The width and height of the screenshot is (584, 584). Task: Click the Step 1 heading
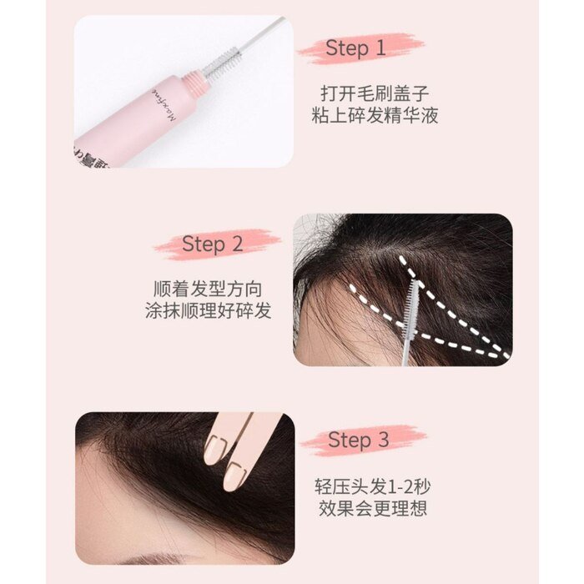tap(355, 48)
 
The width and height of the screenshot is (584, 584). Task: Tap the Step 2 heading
tap(212, 244)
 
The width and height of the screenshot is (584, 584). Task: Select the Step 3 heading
tap(358, 440)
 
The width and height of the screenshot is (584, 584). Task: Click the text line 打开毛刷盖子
tap(375, 93)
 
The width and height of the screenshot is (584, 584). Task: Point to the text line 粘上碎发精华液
tap(375, 115)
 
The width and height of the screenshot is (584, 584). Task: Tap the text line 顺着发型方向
tap(208, 289)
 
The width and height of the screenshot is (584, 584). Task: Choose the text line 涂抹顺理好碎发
tap(208, 311)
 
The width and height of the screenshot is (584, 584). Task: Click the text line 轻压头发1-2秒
tap(372, 486)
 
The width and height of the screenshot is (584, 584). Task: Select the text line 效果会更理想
tap(372, 509)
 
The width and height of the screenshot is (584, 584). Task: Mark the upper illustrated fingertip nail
tap(216, 449)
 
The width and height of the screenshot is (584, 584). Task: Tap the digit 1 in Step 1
tap(380, 48)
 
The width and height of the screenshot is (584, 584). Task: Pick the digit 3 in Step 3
tap(383, 440)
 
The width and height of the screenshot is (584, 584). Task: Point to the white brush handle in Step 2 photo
tap(407, 349)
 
